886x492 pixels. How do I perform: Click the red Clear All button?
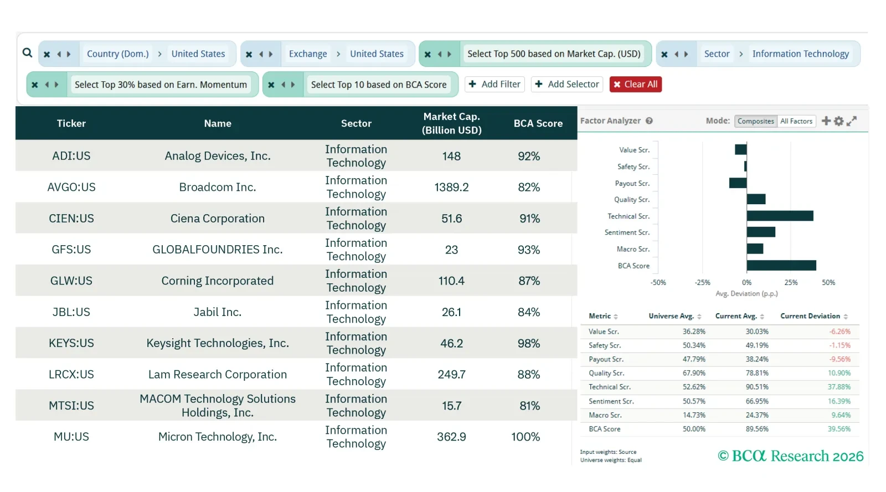(x=635, y=84)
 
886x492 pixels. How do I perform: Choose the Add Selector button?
(x=567, y=84)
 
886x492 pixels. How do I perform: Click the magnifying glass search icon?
(x=27, y=53)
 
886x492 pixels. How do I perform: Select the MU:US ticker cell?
(x=71, y=437)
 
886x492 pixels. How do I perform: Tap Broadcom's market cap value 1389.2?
(x=451, y=187)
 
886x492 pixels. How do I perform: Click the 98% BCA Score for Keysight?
(x=529, y=343)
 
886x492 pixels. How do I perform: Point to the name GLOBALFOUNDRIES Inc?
(x=218, y=250)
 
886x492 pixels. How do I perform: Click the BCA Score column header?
(x=538, y=123)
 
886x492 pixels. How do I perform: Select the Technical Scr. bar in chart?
(x=780, y=216)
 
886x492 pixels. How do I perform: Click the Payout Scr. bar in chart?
(x=738, y=183)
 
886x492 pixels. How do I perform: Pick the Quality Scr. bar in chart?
(x=756, y=199)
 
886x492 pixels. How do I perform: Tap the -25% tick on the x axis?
(x=702, y=282)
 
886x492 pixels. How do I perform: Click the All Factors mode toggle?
(x=796, y=121)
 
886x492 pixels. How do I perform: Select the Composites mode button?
(x=756, y=121)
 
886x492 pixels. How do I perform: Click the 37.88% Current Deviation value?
(x=839, y=387)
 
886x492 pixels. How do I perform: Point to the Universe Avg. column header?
(x=671, y=316)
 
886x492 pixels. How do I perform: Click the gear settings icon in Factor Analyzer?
(x=839, y=121)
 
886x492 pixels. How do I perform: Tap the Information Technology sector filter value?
(x=800, y=54)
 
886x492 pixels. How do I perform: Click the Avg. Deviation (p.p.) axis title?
(x=746, y=294)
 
